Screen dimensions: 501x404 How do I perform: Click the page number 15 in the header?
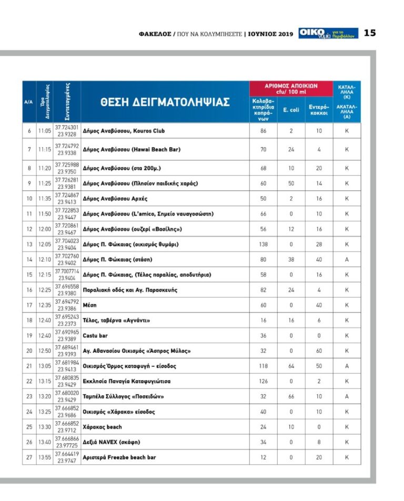370,33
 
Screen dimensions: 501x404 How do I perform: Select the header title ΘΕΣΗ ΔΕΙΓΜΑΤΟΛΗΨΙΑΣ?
165,102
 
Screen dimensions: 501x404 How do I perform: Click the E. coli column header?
291,109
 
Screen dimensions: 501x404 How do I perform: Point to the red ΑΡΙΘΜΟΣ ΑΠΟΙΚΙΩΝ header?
291,88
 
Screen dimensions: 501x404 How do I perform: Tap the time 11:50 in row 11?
44,214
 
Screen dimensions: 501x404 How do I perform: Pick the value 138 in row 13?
263,244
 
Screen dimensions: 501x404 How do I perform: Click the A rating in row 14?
347,260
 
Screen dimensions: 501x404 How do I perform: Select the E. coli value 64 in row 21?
291,366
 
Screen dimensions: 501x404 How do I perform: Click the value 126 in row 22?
263,381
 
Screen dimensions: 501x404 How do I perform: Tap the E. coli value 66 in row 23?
291,396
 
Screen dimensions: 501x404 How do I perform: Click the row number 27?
29,457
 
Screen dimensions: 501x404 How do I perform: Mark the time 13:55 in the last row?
44,457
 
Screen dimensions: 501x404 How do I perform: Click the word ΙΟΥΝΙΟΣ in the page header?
262,34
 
